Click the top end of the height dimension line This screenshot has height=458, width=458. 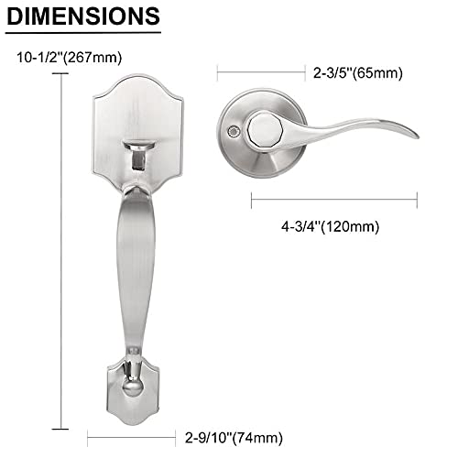62,76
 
